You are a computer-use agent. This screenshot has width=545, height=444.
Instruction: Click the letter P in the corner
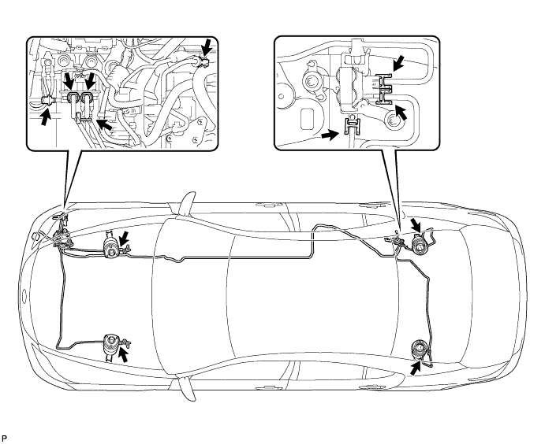click(x=4, y=438)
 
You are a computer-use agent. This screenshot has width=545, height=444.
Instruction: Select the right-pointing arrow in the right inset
click(x=330, y=135)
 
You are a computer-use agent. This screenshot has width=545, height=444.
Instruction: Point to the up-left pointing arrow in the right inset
click(x=401, y=113)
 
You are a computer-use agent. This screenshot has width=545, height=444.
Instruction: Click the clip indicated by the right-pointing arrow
click(x=353, y=126)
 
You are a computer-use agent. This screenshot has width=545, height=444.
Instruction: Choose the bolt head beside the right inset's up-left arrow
click(x=393, y=120)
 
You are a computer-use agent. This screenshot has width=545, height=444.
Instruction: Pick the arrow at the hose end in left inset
click(x=207, y=46)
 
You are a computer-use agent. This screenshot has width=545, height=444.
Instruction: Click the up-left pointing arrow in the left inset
click(x=105, y=124)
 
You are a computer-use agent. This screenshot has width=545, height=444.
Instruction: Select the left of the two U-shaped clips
click(x=73, y=98)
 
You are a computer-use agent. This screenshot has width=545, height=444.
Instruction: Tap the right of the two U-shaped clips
click(x=86, y=98)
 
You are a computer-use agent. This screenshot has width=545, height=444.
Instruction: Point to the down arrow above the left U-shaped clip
click(x=69, y=81)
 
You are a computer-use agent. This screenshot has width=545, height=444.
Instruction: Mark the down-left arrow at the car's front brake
click(x=124, y=239)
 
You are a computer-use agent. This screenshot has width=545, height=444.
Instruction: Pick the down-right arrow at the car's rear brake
click(x=416, y=225)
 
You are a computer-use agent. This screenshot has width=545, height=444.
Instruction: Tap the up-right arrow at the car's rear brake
click(x=416, y=368)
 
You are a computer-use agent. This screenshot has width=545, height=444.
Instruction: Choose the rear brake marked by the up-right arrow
click(x=419, y=350)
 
